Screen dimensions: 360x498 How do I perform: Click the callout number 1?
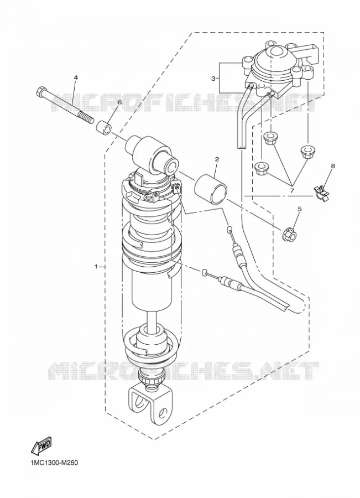[x=96, y=266]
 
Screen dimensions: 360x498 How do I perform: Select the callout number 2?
[x=217, y=159]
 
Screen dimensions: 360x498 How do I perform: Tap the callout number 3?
[x=213, y=78]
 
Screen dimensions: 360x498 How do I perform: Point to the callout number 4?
[x=76, y=77]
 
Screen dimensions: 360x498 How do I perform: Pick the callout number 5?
[x=299, y=209]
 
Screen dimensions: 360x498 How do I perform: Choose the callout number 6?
[x=119, y=102]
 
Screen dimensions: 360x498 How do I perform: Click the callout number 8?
[x=333, y=166]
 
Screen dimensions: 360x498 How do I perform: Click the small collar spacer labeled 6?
[x=105, y=127]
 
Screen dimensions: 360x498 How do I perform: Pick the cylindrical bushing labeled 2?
[x=211, y=190]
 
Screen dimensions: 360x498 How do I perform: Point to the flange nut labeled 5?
[x=290, y=235]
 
